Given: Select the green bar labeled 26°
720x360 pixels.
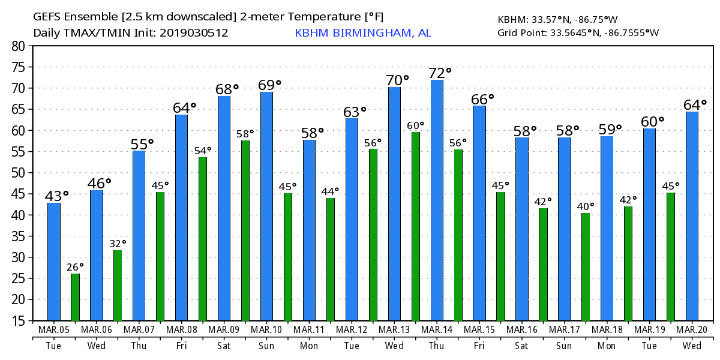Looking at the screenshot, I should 75,297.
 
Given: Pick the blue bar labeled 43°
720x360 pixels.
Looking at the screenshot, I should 54,262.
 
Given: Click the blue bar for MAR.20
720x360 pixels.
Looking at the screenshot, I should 692,216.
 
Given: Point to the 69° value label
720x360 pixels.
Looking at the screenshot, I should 269,85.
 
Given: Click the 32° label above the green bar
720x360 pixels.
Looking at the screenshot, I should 118,244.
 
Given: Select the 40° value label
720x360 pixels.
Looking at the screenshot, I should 586,206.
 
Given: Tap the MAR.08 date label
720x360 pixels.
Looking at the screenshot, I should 182,330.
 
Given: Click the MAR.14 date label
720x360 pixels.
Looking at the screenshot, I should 437,330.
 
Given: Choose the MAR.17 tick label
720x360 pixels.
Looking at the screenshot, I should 565,330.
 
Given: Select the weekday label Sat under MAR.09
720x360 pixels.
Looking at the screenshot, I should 224,346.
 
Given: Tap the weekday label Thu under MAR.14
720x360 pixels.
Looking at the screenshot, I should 437,346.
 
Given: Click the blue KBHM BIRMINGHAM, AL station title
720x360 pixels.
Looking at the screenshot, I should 362,33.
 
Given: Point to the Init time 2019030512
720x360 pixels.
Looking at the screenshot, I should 194,33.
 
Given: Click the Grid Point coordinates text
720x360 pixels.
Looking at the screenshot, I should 578,33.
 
